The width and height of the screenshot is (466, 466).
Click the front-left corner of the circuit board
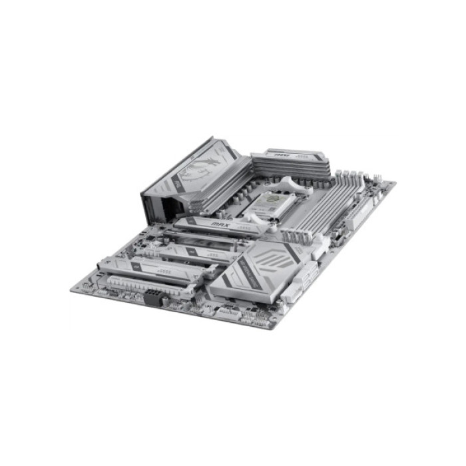72,290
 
